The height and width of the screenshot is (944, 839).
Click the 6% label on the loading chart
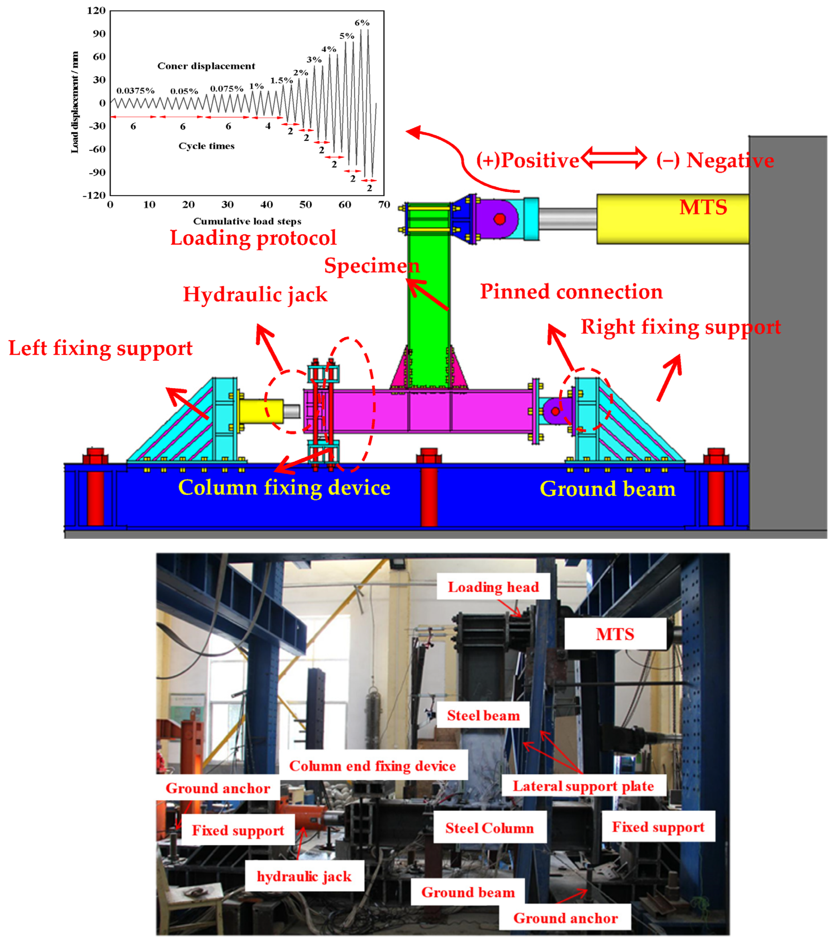(362, 23)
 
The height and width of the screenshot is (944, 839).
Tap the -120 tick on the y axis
(94, 195)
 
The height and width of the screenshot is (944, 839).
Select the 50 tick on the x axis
(305, 205)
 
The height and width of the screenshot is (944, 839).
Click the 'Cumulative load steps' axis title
(247, 221)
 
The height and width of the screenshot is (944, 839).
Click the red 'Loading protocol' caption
(253, 238)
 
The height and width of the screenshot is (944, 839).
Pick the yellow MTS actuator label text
(703, 207)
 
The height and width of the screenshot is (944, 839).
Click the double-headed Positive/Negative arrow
(614, 158)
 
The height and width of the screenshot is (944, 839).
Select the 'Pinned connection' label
(571, 292)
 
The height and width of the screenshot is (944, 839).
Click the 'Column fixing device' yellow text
(284, 488)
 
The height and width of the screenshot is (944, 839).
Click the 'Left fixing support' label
(100, 348)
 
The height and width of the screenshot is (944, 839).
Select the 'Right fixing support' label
(681, 327)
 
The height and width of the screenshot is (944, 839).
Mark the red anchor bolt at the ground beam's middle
(429, 490)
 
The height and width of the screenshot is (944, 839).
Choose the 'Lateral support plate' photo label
(583, 786)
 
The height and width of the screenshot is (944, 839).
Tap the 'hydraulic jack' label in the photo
(304, 876)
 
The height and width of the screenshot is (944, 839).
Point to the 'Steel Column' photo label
(489, 828)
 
